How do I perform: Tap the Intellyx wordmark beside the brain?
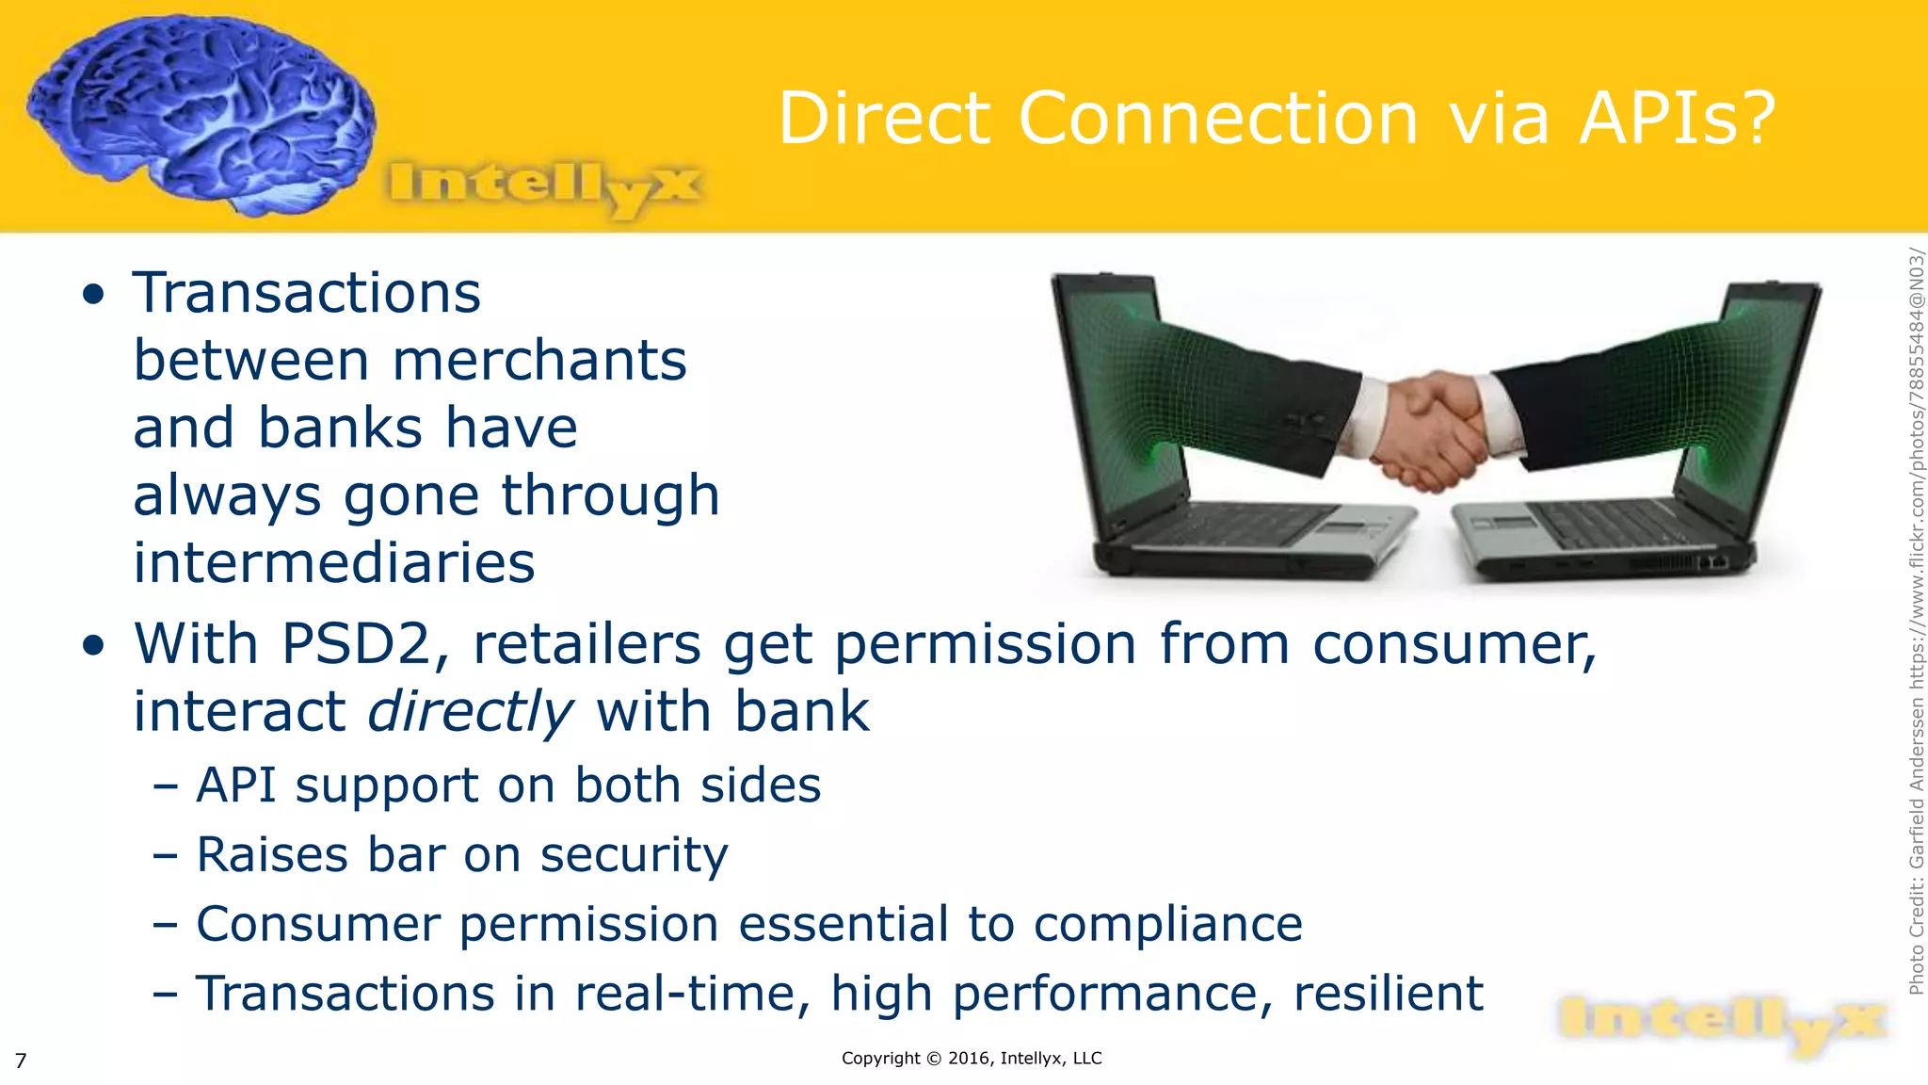[x=544, y=186]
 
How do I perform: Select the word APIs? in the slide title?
[x=1677, y=119]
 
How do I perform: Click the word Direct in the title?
[x=884, y=119]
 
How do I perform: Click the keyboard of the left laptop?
[x=1252, y=527]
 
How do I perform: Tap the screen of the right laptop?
[x=1751, y=396]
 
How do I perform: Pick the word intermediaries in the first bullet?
[x=334, y=563]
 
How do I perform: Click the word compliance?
[x=1167, y=924]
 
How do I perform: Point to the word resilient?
[x=1388, y=994]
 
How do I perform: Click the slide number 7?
[x=21, y=1061]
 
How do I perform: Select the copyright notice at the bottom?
[x=971, y=1058]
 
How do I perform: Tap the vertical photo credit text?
[x=1916, y=622]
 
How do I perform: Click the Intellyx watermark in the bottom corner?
[x=1720, y=1025]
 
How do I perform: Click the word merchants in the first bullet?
[x=539, y=361]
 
